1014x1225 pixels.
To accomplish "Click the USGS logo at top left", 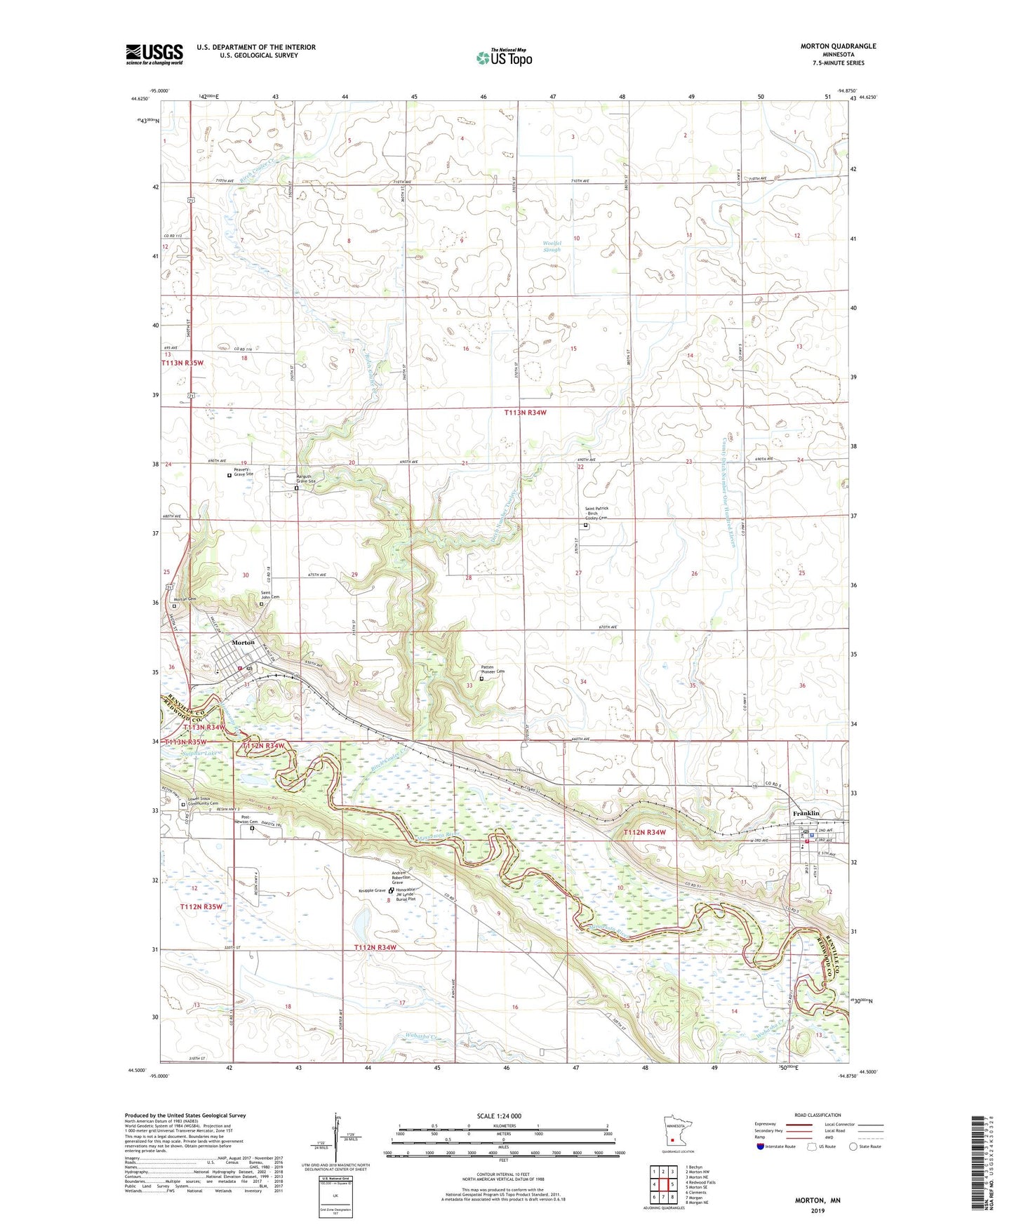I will click(x=154, y=54).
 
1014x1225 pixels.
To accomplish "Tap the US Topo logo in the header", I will click(x=504, y=58).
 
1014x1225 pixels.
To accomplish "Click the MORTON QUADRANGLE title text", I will click(x=838, y=46).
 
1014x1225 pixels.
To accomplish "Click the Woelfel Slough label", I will click(x=553, y=246).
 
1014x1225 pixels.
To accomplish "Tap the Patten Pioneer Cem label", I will click(x=493, y=669).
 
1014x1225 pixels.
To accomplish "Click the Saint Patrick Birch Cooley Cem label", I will click(x=594, y=513).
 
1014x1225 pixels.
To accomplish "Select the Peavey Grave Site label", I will click(x=244, y=471).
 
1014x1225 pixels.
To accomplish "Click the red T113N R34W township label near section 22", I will click(x=525, y=413).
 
